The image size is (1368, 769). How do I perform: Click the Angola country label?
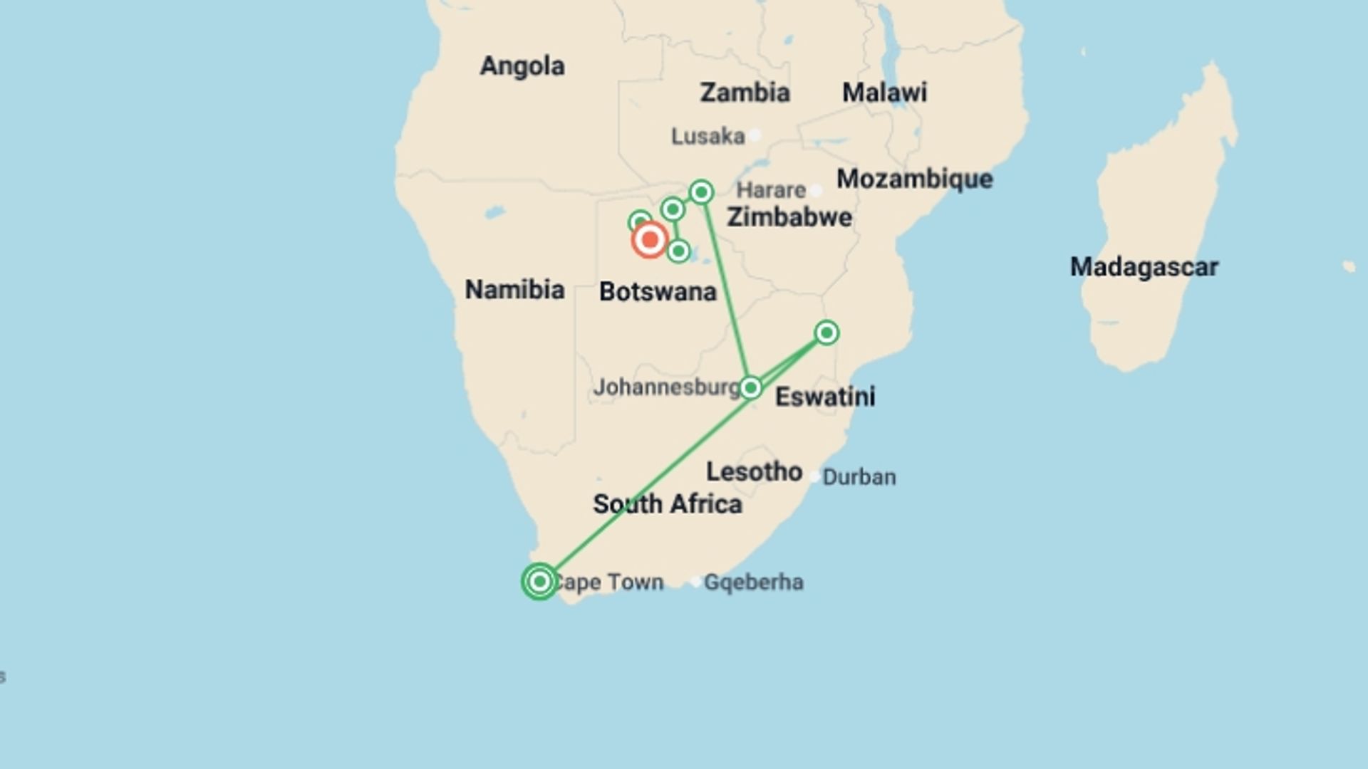522,66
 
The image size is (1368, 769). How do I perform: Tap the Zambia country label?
745,93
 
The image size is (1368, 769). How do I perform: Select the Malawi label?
884,93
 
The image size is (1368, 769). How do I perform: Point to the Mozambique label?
914,179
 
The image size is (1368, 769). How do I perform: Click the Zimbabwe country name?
789,217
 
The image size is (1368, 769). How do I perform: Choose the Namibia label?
514,290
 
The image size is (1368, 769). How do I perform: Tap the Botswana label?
658,292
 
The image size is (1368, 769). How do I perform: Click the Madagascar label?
1144,268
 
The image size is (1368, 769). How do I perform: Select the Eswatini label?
825,397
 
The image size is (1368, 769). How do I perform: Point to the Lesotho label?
754,471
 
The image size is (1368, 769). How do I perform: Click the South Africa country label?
668,504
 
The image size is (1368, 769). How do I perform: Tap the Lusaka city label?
708,136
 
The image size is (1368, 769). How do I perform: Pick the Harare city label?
770,190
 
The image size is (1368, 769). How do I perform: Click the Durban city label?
859,477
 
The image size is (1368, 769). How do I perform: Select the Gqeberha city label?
753,582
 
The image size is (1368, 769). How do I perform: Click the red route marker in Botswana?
649,240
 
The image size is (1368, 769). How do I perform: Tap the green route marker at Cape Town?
539,582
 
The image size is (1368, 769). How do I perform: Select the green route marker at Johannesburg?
750,388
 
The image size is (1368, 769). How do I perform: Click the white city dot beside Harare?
817,191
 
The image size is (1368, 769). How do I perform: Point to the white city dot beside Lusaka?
755,135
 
